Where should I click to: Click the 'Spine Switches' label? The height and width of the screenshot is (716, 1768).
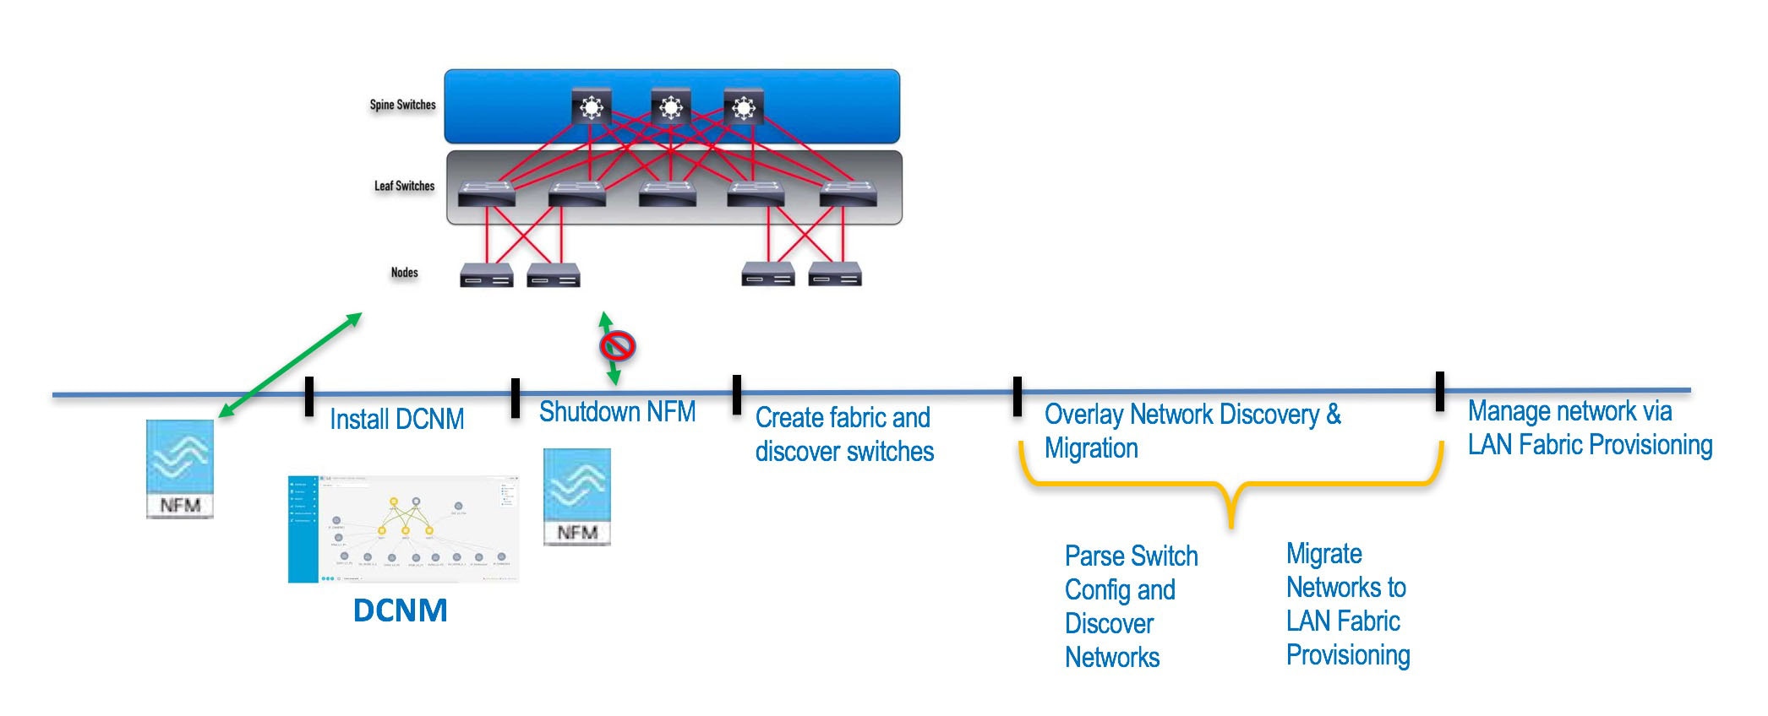[x=402, y=105]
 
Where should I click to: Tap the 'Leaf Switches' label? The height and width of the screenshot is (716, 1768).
[x=404, y=186]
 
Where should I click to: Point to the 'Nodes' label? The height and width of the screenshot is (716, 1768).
[x=404, y=272]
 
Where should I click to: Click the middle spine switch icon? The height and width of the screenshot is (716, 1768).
[x=671, y=107]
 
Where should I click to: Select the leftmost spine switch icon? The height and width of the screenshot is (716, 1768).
[x=591, y=107]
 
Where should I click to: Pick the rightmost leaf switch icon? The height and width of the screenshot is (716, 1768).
[x=849, y=193]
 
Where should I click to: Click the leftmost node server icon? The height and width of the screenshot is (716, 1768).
[x=486, y=276]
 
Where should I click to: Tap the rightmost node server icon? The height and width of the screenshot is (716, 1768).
[x=835, y=275]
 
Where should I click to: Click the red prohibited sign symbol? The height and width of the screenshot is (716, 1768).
[x=618, y=346]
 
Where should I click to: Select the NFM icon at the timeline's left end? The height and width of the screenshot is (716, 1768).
[x=180, y=468]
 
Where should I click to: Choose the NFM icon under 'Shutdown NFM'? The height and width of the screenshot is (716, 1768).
[x=576, y=496]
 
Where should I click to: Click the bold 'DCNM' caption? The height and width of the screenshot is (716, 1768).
[x=400, y=610]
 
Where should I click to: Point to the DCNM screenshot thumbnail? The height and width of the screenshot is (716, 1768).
[x=403, y=529]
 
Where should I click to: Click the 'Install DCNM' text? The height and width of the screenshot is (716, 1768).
[x=396, y=419]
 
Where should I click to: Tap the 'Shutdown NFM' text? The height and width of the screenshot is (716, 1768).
[x=617, y=411]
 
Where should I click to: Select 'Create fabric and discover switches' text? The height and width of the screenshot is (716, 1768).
[x=843, y=434]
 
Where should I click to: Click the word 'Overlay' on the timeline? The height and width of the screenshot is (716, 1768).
[x=1084, y=414]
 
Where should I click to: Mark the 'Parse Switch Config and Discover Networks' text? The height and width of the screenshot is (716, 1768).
[x=1130, y=606]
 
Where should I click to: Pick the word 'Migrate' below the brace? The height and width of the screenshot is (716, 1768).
[x=1323, y=554]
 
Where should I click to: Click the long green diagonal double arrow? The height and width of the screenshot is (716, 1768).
[x=291, y=365]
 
